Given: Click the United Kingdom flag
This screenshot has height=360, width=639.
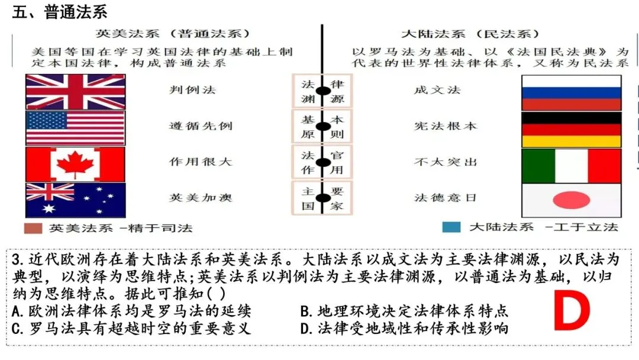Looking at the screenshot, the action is click(x=75, y=92).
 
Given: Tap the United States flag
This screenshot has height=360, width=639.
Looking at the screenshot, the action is click(x=75, y=127).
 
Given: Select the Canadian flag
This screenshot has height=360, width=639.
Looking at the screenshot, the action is click(x=75, y=163).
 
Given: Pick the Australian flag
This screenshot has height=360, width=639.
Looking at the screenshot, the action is click(x=75, y=200).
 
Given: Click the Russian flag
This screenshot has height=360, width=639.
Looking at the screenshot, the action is click(x=571, y=92).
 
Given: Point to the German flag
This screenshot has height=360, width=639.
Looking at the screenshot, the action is click(x=571, y=129).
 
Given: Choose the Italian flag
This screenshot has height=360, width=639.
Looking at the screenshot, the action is click(x=571, y=166).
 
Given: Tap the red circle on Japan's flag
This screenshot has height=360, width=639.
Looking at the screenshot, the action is click(x=571, y=201).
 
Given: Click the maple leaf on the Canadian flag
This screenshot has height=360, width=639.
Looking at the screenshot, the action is click(x=75, y=163).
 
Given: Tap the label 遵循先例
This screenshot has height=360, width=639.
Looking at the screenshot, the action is click(x=192, y=126).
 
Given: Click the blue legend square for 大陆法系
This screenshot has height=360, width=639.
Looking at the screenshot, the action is click(x=451, y=227).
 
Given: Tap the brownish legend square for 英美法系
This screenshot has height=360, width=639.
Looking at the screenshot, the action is click(x=34, y=228).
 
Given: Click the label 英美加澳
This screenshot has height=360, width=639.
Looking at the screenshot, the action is click(x=192, y=198).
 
